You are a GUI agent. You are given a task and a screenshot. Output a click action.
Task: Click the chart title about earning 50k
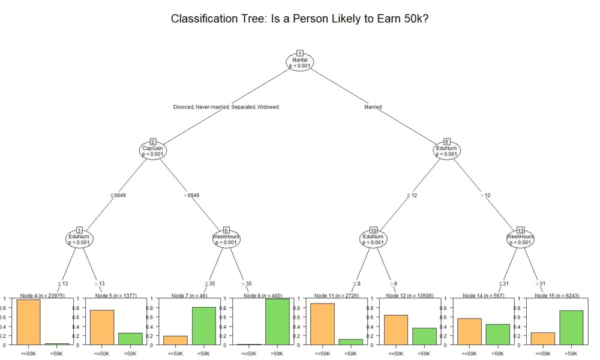[x=299, y=19]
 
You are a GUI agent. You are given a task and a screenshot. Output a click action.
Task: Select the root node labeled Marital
[x=299, y=62]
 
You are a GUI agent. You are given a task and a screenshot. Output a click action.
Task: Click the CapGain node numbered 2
[x=152, y=150]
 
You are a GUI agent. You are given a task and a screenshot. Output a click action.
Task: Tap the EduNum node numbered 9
[x=446, y=150]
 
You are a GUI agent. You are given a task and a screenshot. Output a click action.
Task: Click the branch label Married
[x=373, y=107]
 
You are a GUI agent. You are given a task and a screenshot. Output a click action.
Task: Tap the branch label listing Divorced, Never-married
[x=226, y=107]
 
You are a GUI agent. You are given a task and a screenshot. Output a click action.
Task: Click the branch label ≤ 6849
[x=117, y=195]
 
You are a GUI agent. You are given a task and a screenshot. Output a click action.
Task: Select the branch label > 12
[x=485, y=195]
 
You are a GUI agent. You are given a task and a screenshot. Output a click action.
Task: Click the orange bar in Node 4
[x=28, y=322]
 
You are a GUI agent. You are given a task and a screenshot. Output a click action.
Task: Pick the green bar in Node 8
[x=277, y=322]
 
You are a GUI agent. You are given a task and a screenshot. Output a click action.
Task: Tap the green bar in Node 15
[x=570, y=328]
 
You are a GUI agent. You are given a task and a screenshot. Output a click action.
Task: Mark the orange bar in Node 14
[x=469, y=331]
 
